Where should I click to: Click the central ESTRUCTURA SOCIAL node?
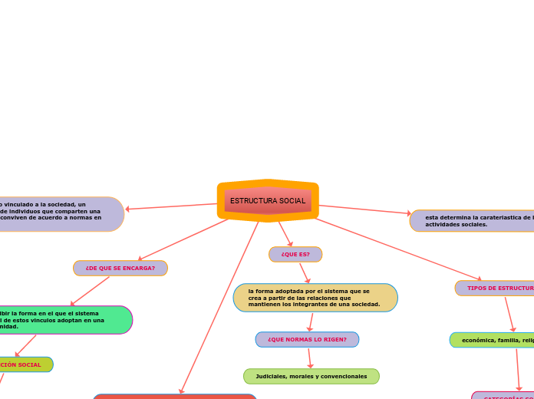coord(268,201)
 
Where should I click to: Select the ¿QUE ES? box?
coord(295,254)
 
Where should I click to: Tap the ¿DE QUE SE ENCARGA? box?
coord(120,269)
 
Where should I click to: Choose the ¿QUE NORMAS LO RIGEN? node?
coord(307,339)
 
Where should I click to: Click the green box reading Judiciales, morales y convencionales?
coord(311,376)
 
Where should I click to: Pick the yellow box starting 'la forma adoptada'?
coord(315,298)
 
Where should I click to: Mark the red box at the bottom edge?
coord(174,396)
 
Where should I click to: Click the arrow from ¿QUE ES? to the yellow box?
coord(305,272)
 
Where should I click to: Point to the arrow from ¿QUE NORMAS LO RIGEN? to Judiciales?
coord(309,358)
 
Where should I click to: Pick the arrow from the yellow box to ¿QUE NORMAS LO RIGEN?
coord(311,322)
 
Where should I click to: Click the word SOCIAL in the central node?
coord(292,201)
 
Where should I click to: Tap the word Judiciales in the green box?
coord(272,376)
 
